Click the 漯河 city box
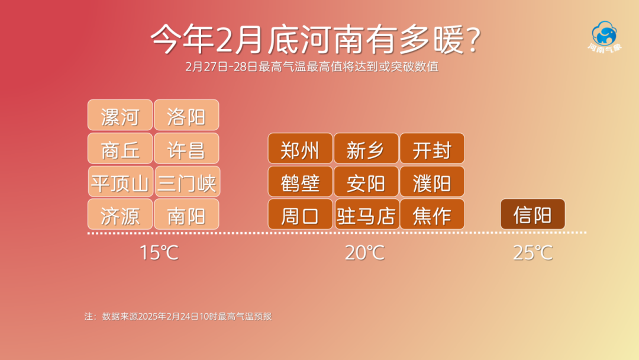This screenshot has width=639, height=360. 120,115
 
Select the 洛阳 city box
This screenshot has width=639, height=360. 186,115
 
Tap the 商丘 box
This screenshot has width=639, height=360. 120,149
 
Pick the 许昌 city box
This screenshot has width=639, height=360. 186,149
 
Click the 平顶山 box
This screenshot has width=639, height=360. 121,181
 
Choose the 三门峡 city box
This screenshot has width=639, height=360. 188,181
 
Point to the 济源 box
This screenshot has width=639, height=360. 120,214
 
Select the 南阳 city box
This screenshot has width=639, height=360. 186,214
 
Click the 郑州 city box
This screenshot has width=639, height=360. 301,149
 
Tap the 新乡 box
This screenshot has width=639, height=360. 366,149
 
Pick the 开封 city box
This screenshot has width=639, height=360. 433,149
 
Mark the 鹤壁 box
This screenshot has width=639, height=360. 301,181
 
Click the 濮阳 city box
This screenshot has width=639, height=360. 433,181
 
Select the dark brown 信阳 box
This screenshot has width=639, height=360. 532,214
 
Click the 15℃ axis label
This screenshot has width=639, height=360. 159,253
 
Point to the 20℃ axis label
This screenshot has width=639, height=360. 364,253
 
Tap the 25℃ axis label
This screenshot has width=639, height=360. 532,253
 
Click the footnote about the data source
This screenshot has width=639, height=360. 178,316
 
